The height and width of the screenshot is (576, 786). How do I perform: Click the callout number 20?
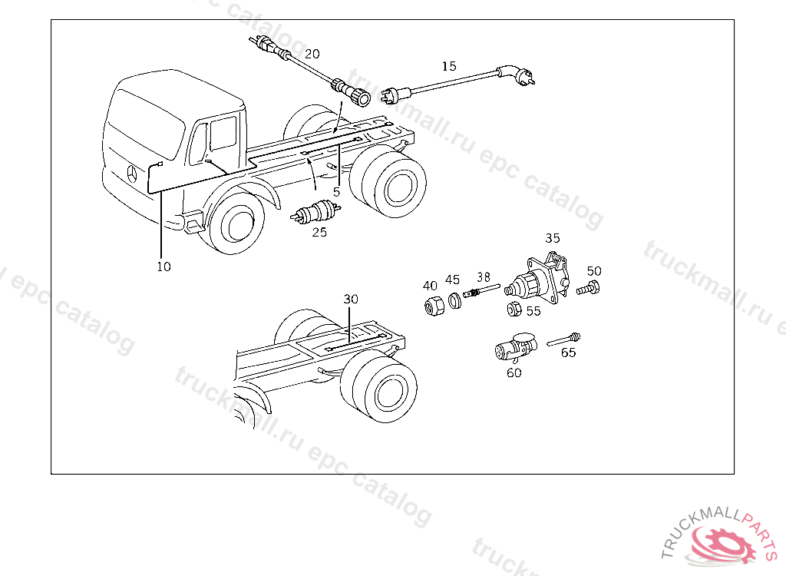(312, 54)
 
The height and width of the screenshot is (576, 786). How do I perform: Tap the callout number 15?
(449, 66)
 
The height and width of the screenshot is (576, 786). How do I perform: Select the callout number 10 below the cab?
(164, 266)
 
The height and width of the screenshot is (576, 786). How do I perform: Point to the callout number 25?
(319, 232)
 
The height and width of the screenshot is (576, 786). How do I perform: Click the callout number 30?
(351, 299)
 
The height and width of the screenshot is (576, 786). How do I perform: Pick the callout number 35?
(553, 238)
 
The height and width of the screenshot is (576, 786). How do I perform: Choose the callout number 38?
(484, 277)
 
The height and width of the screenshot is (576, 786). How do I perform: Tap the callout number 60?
(514, 372)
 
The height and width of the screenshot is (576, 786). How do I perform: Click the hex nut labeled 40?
(434, 305)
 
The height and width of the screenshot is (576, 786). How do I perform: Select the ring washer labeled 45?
(454, 300)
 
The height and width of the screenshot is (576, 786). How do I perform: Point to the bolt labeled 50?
(588, 289)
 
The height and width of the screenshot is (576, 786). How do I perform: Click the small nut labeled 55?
(514, 309)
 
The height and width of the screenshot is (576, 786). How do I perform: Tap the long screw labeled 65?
(563, 339)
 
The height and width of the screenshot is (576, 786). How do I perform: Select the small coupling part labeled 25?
(315, 212)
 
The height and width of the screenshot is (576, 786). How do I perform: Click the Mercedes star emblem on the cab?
(132, 174)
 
